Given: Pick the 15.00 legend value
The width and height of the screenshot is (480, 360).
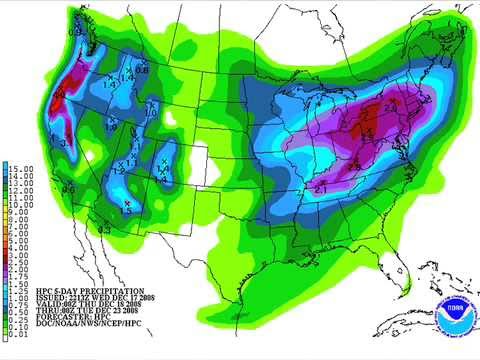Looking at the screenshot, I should (21, 166).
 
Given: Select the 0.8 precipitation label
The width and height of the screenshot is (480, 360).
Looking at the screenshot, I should (142, 70).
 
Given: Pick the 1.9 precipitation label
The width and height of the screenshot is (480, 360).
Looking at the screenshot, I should (112, 128).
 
